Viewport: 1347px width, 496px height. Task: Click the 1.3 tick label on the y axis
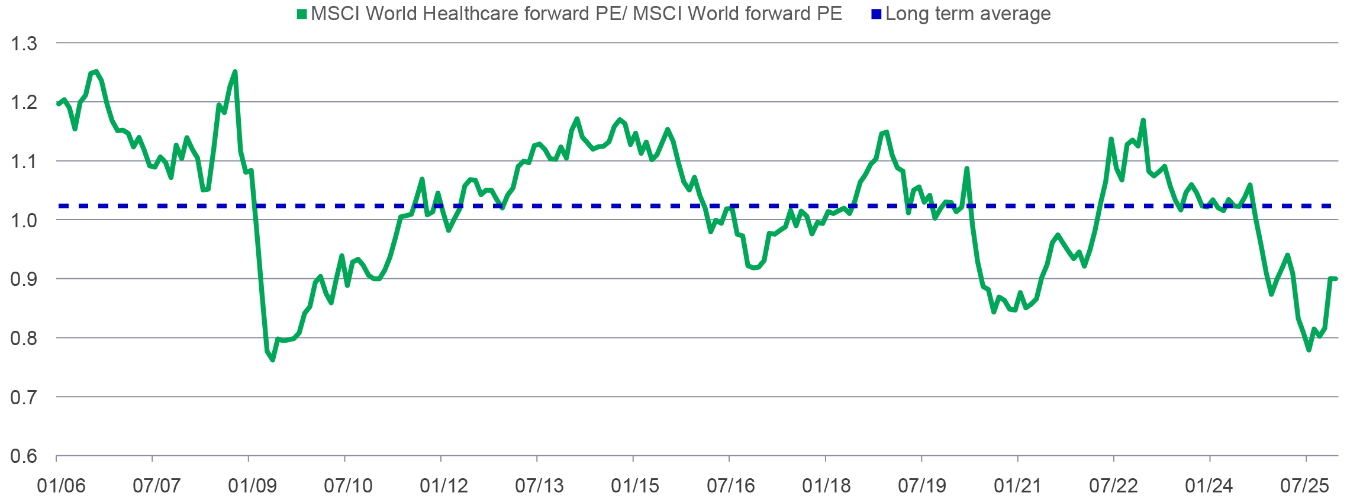tap(24, 43)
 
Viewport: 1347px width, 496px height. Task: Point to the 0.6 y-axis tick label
tap(24, 456)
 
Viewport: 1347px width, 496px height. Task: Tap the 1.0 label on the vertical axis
tap(24, 220)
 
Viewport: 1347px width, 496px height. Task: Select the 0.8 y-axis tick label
tap(24, 338)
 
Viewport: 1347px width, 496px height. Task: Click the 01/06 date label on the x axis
tap(60, 486)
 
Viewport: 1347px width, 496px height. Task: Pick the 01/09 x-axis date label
tap(252, 486)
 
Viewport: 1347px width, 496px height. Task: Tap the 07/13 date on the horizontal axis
tap(539, 486)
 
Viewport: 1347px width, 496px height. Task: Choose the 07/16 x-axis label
tap(731, 486)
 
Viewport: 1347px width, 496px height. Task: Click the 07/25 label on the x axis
tap(1305, 486)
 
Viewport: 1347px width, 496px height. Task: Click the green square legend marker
tap(302, 14)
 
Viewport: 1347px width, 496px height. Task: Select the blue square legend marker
tap(876, 14)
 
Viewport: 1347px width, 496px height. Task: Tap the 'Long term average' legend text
tap(968, 14)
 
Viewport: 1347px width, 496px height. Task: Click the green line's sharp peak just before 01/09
tap(235, 72)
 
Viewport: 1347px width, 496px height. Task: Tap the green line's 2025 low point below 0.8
tap(1309, 350)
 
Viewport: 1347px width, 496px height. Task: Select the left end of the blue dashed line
tap(59, 206)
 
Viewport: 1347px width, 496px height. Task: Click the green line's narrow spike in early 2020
tap(966, 168)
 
